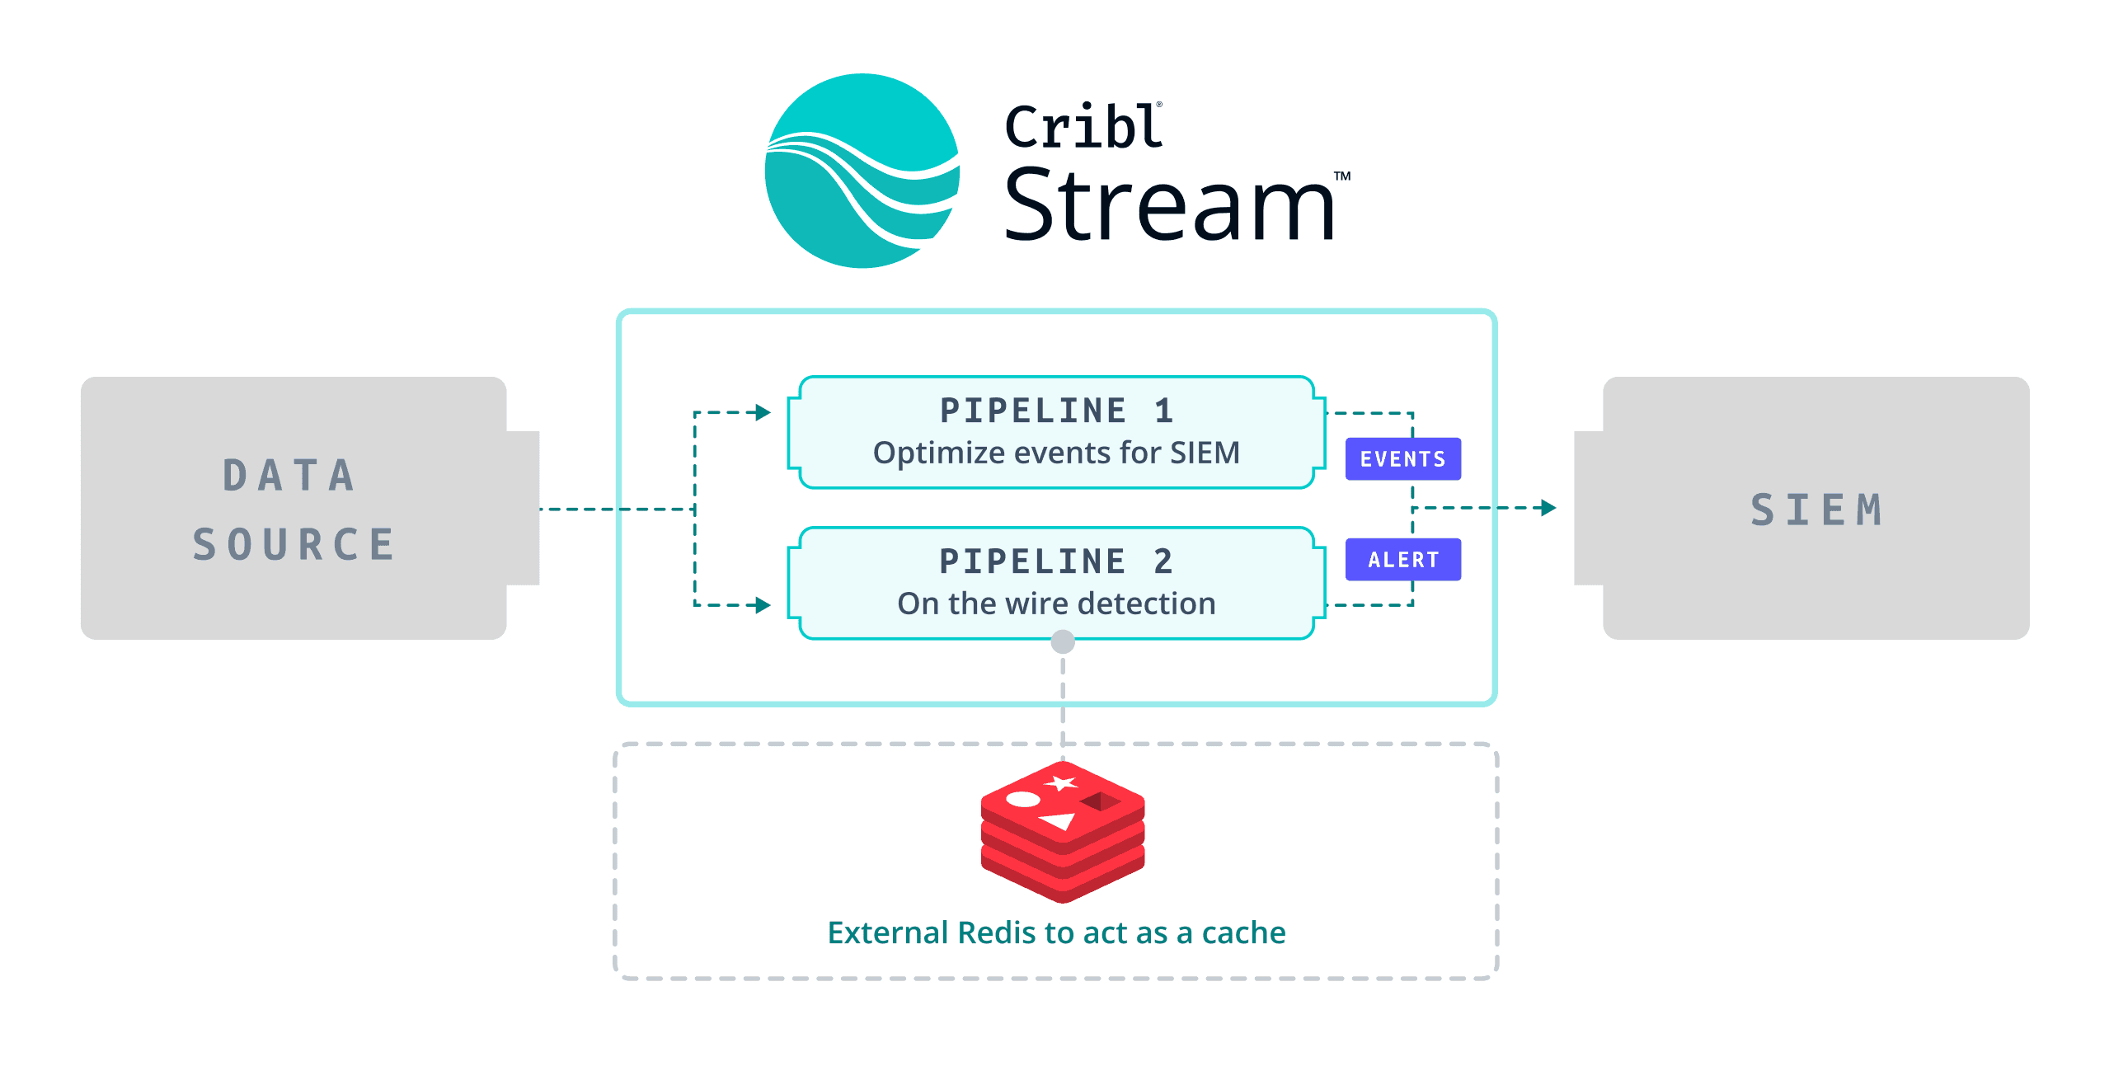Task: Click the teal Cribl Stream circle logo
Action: pos(862,171)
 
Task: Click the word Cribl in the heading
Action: pos(1083,128)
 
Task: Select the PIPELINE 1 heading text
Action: pos(1056,411)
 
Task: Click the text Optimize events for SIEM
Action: pos(1056,453)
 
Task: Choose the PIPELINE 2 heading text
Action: pos(1056,561)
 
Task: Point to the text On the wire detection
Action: pos(1056,604)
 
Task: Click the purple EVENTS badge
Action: pos(1402,459)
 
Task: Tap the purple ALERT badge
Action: pos(1402,560)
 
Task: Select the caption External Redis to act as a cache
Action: pos(1056,932)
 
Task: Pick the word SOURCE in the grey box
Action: pos(294,545)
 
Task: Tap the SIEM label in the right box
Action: pos(1816,510)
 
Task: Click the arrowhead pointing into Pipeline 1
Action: pos(763,412)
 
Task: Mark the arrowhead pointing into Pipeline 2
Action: pos(763,605)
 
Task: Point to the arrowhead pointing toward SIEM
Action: pos(1548,508)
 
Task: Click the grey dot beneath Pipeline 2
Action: pos(1063,641)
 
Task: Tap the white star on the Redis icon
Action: pos(1062,782)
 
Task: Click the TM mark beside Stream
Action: pos(1342,176)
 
